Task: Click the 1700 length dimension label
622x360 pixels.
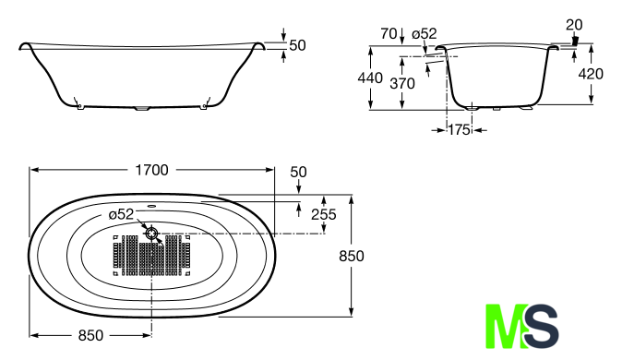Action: pyautogui.click(x=152, y=170)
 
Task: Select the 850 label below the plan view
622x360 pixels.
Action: pyautogui.click(x=90, y=335)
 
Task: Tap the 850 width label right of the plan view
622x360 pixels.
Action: pyautogui.click(x=352, y=256)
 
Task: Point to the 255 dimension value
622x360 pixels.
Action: pyautogui.click(x=324, y=214)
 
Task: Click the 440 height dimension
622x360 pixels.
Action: pyautogui.click(x=370, y=78)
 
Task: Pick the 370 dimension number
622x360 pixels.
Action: pyautogui.click(x=402, y=84)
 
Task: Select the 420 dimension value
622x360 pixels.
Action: pyautogui.click(x=591, y=74)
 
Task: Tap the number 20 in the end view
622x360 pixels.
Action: pyautogui.click(x=574, y=25)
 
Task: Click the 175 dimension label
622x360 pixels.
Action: pyautogui.click(x=459, y=130)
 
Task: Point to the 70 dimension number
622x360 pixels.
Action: pyautogui.click(x=389, y=34)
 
